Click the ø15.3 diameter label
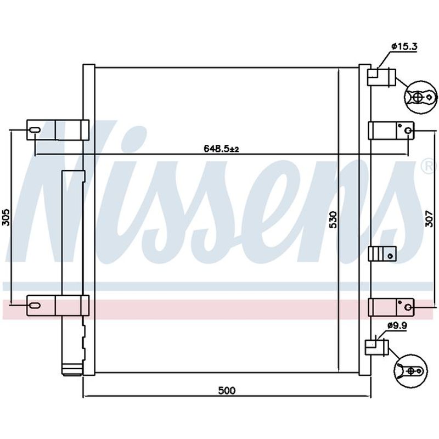click(x=404, y=46)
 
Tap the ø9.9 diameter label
click(x=397, y=325)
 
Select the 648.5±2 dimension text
click(x=221, y=149)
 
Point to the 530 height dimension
click(x=333, y=220)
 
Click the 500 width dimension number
click(x=227, y=390)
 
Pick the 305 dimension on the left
click(x=6, y=217)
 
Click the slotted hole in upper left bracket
click(x=35, y=130)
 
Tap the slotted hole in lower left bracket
click(x=35, y=306)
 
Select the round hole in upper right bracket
click(x=408, y=131)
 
